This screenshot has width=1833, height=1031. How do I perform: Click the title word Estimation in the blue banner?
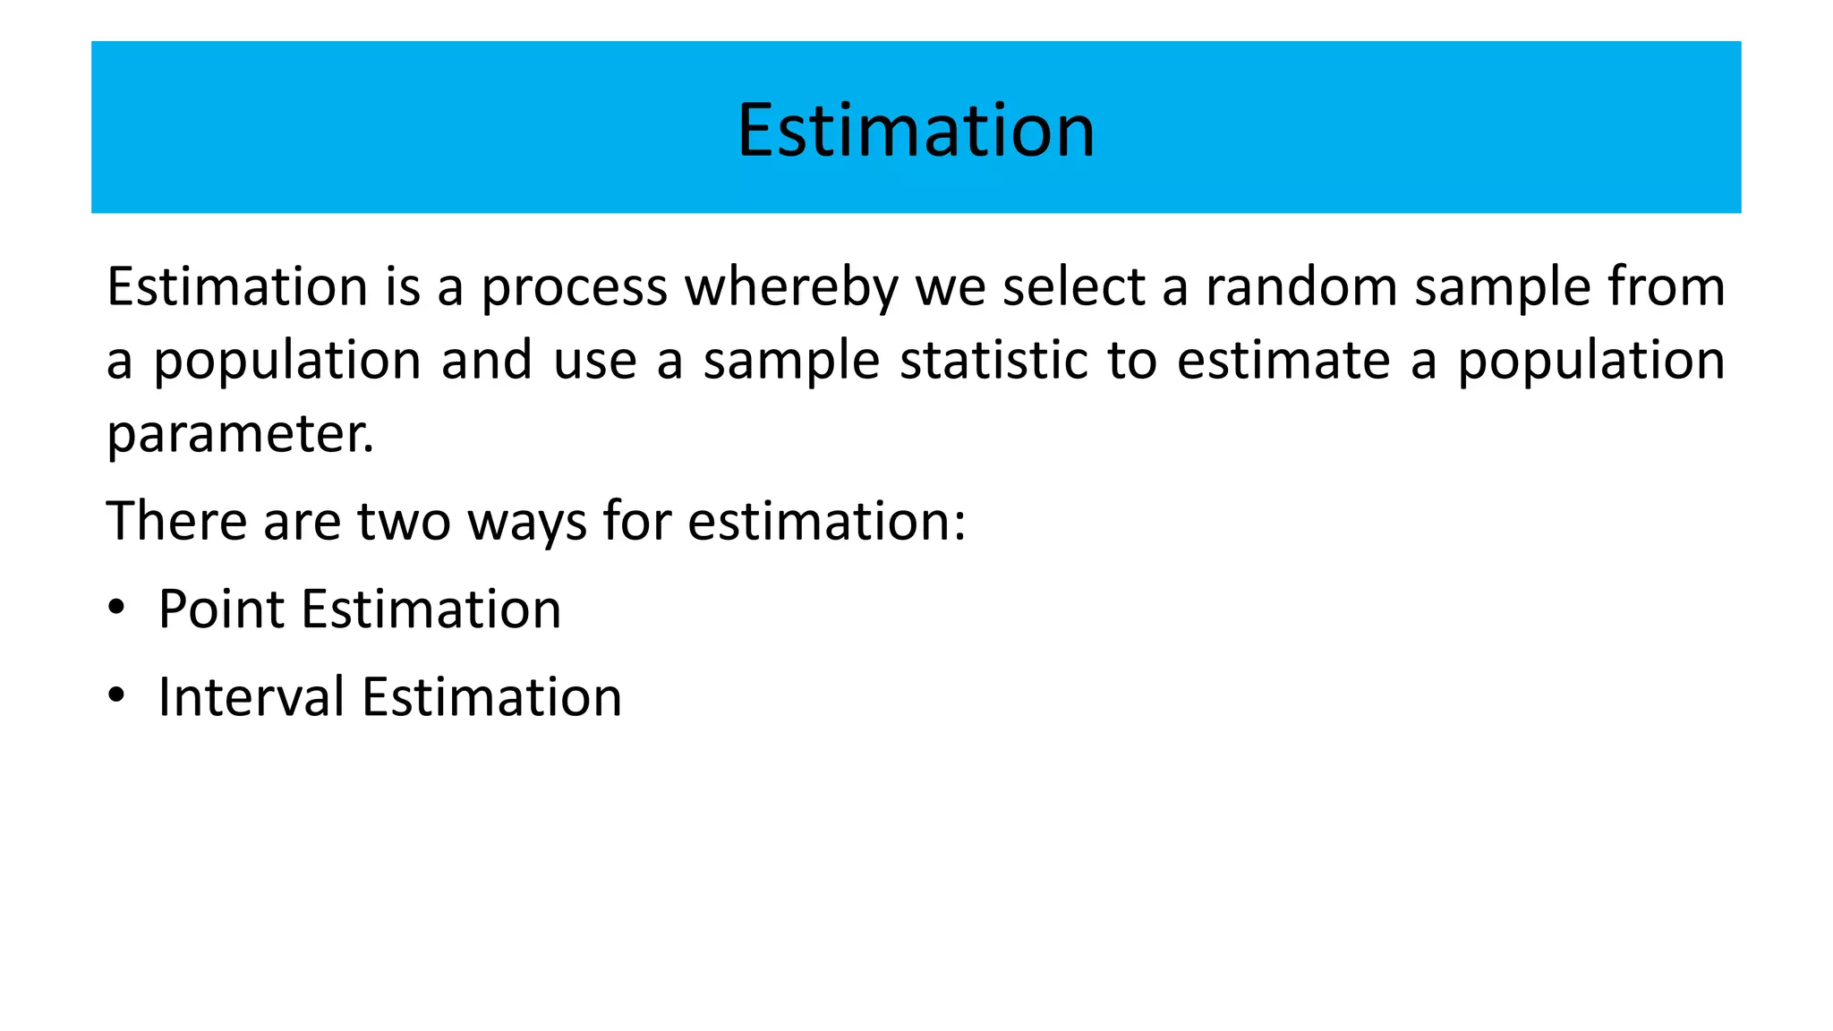916,131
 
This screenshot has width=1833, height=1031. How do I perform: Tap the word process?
574,288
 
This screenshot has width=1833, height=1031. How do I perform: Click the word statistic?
993,361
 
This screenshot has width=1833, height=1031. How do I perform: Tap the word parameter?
240,435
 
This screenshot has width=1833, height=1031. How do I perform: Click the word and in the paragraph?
487,361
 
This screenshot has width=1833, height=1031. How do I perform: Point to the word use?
595,361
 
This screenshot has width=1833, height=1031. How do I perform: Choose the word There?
178,521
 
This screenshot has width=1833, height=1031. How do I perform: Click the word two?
405,521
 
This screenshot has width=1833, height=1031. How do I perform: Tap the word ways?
527,523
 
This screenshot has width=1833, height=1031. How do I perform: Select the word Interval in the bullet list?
252,697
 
